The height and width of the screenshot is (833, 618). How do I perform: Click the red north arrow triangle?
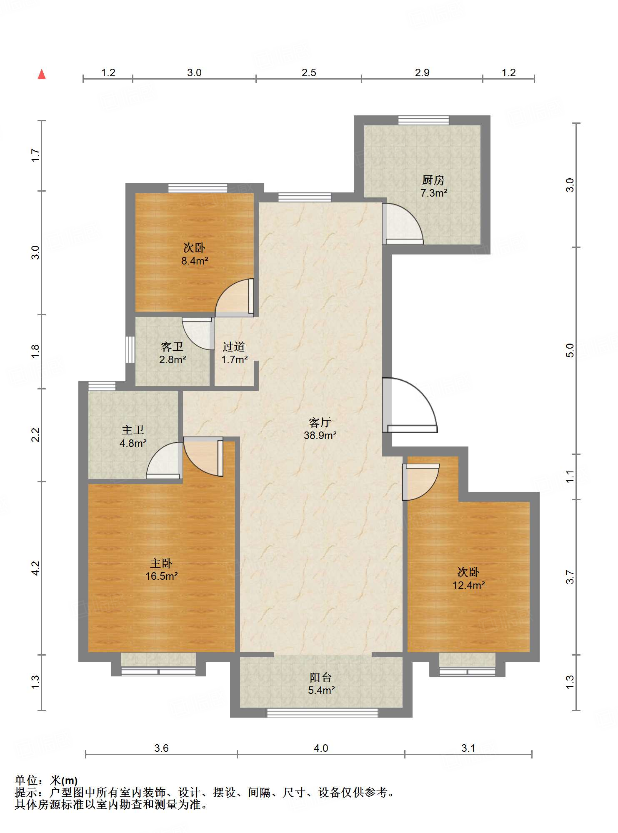pyautogui.click(x=42, y=74)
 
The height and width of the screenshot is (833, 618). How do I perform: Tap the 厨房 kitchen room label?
pyautogui.click(x=433, y=180)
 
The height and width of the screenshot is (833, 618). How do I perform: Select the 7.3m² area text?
pyautogui.click(x=434, y=193)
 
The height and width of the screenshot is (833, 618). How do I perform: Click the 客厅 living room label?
pyautogui.click(x=320, y=423)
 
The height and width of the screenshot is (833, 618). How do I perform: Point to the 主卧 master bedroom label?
pyautogui.click(x=161, y=564)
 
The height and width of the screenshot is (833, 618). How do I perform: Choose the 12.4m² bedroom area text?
pyautogui.click(x=469, y=586)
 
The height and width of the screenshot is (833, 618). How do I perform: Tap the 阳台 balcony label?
pyautogui.click(x=321, y=678)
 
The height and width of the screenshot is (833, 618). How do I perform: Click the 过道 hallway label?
pyautogui.click(x=234, y=347)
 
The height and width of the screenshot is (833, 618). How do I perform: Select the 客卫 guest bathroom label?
pyautogui.click(x=172, y=347)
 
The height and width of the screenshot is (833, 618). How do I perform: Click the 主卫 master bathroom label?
pyautogui.click(x=133, y=430)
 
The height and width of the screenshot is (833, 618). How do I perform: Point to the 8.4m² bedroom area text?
pyautogui.click(x=195, y=261)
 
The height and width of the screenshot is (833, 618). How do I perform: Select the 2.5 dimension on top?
pyautogui.click(x=309, y=73)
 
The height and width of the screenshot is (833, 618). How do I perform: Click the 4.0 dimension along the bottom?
pyautogui.click(x=321, y=748)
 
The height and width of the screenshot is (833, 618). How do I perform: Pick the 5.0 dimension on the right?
pyautogui.click(x=570, y=350)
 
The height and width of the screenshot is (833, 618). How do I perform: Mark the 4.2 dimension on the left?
pyautogui.click(x=36, y=568)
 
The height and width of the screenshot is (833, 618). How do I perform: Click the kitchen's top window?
pyautogui.click(x=423, y=120)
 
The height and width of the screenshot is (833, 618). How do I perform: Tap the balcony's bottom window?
pyautogui.click(x=322, y=713)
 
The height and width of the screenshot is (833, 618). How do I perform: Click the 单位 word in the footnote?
pyautogui.click(x=26, y=781)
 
